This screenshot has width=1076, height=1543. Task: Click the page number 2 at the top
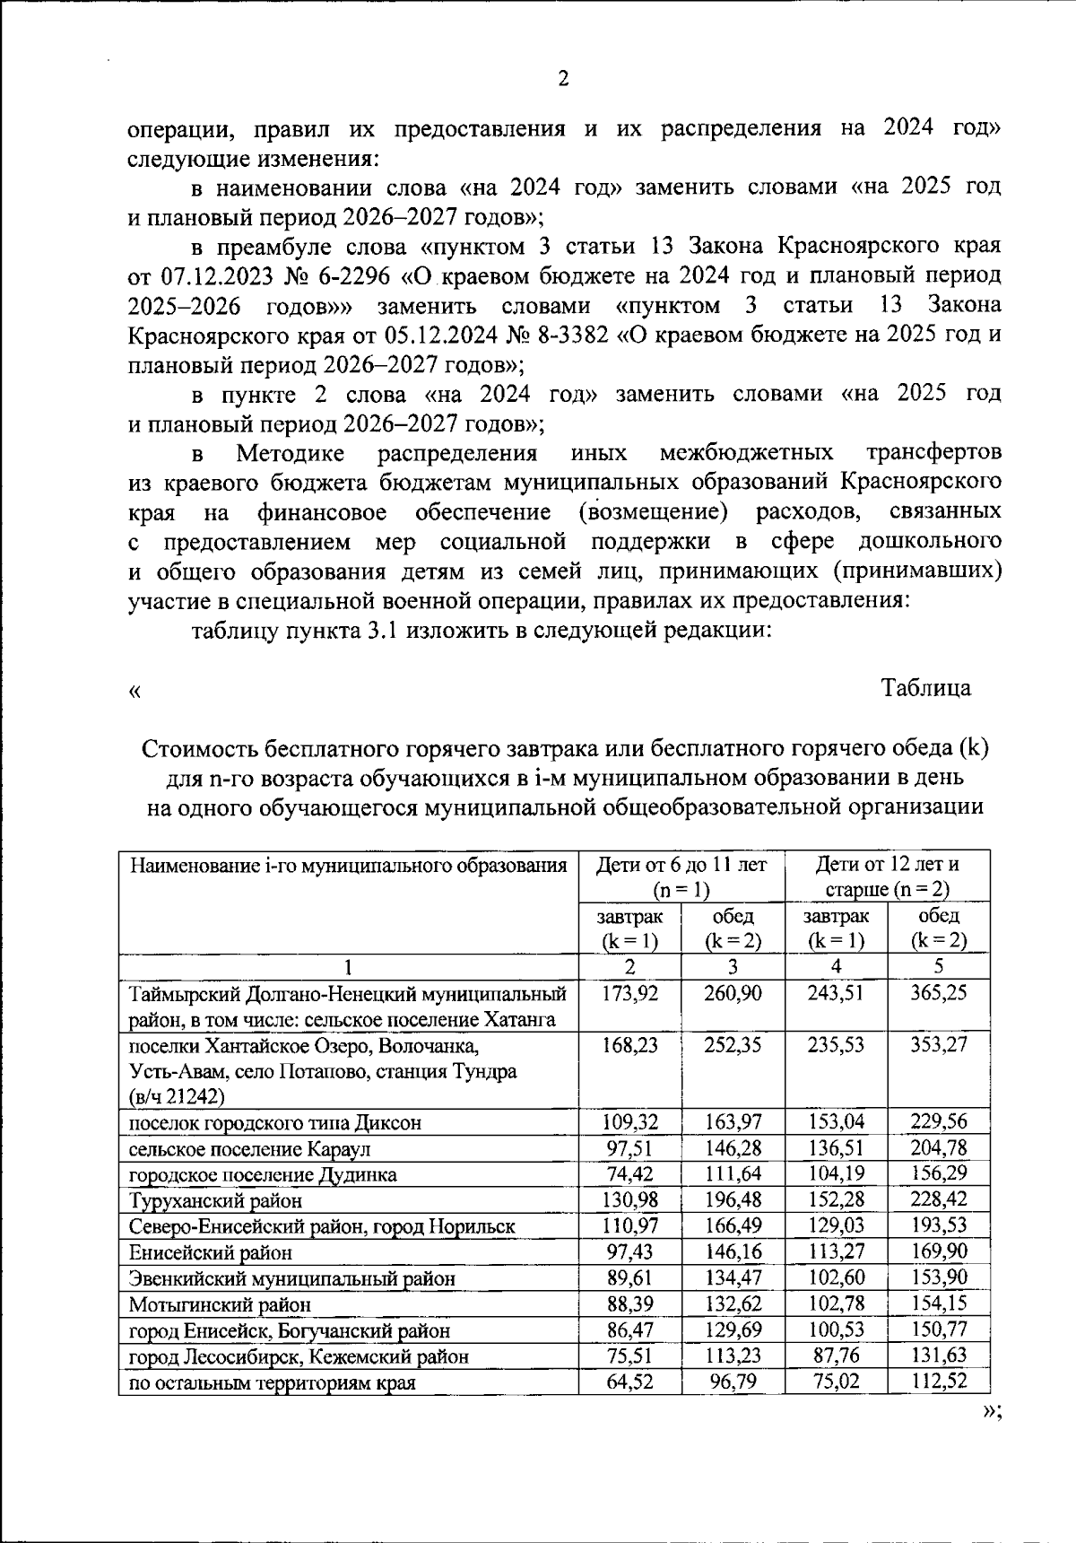[x=563, y=79]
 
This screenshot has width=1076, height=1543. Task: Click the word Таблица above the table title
[x=925, y=688]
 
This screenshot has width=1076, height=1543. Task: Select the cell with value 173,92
[x=629, y=993]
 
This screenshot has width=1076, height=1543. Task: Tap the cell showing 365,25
[x=938, y=993]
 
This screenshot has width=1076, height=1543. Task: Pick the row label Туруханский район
[x=216, y=1200]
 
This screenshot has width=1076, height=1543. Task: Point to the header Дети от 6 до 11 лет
[x=681, y=866]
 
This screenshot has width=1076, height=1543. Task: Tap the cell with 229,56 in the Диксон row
[x=938, y=1122]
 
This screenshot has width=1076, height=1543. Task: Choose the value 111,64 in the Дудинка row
[x=732, y=1174]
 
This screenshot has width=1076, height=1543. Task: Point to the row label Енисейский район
[x=211, y=1252]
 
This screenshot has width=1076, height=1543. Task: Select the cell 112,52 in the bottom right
[x=938, y=1382]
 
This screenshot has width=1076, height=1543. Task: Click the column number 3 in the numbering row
[x=733, y=967]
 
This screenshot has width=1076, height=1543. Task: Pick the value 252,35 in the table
[x=732, y=1045]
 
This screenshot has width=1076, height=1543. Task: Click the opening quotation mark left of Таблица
[x=134, y=690]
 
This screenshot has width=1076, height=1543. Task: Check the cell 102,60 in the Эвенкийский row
[x=835, y=1278]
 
